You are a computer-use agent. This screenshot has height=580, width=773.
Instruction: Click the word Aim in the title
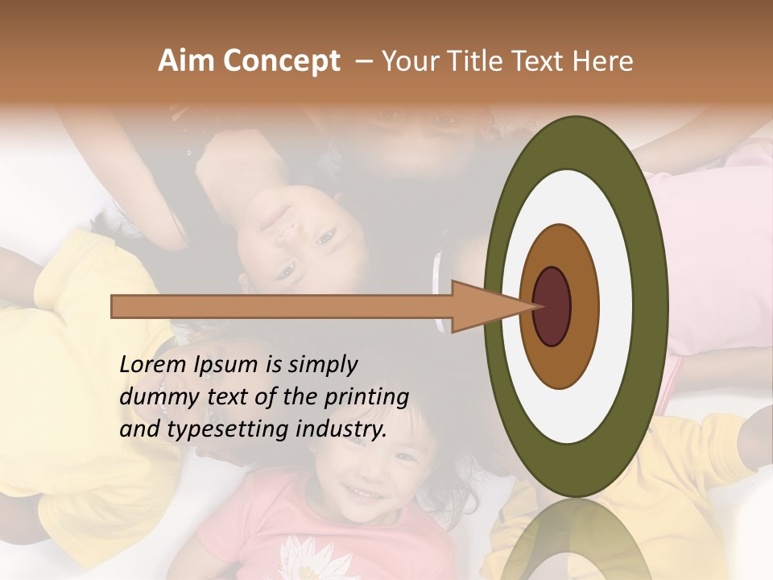[x=186, y=61]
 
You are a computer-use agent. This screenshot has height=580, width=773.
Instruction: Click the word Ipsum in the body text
[x=226, y=366]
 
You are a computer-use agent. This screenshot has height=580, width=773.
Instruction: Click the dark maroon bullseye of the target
[x=552, y=307]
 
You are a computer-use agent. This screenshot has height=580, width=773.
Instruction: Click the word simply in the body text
[x=322, y=366]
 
